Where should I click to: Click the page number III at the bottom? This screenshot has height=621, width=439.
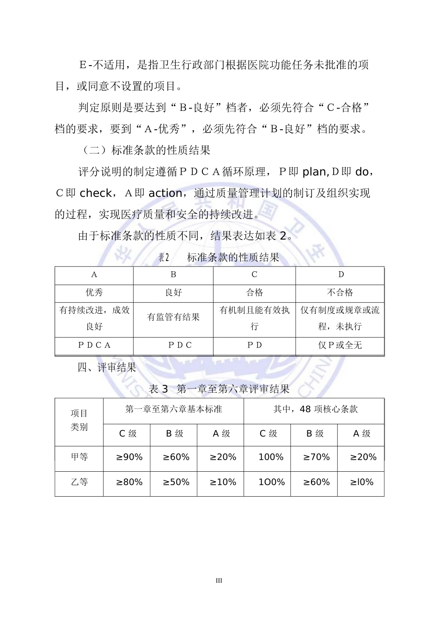point(219,581)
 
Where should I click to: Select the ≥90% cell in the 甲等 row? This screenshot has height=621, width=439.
point(129,457)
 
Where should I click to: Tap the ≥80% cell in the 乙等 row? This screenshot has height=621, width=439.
point(129,482)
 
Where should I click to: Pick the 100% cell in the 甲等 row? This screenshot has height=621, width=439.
point(270,457)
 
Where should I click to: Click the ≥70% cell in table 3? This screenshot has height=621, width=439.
point(317,457)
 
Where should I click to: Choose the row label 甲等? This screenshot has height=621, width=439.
point(79,457)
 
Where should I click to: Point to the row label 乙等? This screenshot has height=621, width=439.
point(79,482)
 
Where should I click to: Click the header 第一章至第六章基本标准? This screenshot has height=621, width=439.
point(174,409)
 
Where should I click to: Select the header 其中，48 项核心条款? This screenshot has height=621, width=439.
point(316,409)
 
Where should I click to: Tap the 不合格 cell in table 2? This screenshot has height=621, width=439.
point(340,292)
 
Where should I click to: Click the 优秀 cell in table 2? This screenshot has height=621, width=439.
point(94,292)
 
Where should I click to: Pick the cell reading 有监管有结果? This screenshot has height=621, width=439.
point(173,317)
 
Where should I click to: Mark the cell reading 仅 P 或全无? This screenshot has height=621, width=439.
point(340,346)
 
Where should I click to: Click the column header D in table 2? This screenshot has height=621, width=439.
point(341,275)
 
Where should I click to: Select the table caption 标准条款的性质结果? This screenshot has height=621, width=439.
point(233,258)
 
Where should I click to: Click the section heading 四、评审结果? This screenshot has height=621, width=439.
point(107,368)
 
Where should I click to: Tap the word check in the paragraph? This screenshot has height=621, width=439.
point(96,193)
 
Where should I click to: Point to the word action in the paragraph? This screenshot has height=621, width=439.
point(165,193)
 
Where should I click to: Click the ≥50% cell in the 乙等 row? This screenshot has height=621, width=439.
point(176,482)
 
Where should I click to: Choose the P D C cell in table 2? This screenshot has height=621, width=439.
point(180,346)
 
